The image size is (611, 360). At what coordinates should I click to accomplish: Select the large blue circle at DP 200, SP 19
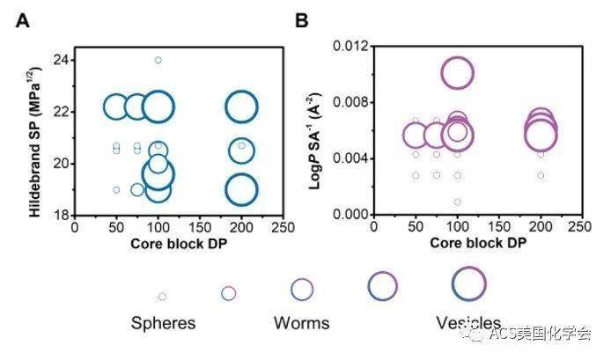(241, 188)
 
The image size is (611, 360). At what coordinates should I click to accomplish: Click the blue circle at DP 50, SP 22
(116, 107)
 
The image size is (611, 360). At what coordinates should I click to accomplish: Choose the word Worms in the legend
(301, 322)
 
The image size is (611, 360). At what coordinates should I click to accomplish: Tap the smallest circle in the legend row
(162, 297)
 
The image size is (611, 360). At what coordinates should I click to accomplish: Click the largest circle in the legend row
(468, 283)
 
